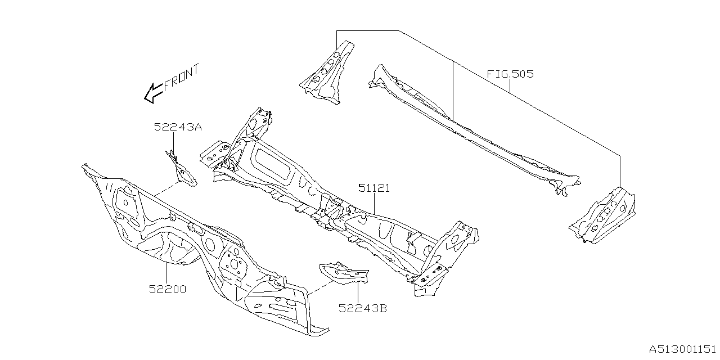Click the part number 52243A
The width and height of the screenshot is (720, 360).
click(178, 127)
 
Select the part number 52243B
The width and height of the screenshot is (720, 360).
click(362, 308)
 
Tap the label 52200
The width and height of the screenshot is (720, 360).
click(168, 289)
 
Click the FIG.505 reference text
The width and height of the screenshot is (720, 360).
click(510, 74)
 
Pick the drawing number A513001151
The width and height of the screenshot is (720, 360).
click(682, 349)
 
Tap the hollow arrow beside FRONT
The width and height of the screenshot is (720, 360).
click(153, 93)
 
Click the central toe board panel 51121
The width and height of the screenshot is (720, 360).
click(337, 202)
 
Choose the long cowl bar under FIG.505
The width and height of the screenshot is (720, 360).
click(472, 129)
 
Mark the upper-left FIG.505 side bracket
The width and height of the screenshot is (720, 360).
click(326, 73)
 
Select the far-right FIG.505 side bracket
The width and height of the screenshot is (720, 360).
click(605, 217)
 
